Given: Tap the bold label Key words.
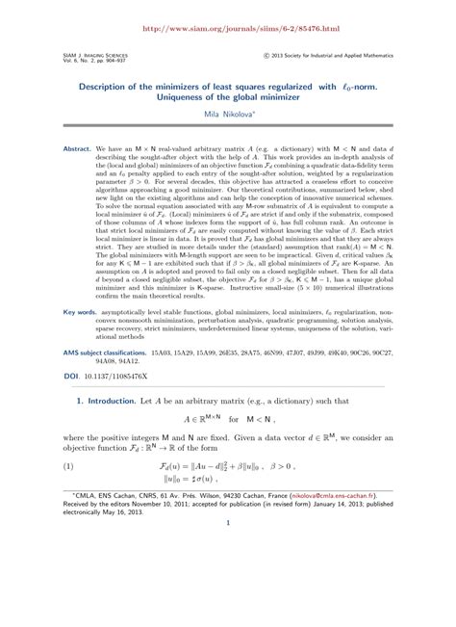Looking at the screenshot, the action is coord(79,366).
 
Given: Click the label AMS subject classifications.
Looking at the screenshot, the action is coord(104,405).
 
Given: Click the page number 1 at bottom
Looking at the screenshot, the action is coord(227,605).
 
